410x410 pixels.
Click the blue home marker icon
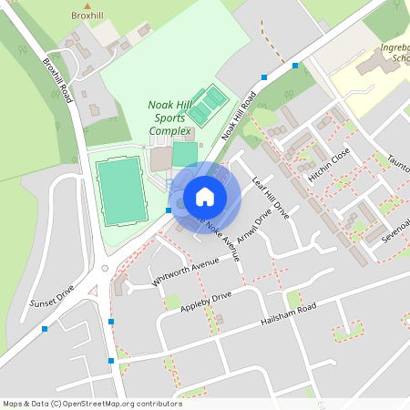pos(205,197)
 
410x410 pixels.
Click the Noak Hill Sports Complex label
pos(170,118)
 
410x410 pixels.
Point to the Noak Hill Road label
pos(239,116)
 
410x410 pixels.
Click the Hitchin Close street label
pos(328,165)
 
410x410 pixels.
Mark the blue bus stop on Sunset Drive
pos(44,329)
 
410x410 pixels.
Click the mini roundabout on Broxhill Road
pos(106,269)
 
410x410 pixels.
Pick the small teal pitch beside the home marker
pos(185,154)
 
